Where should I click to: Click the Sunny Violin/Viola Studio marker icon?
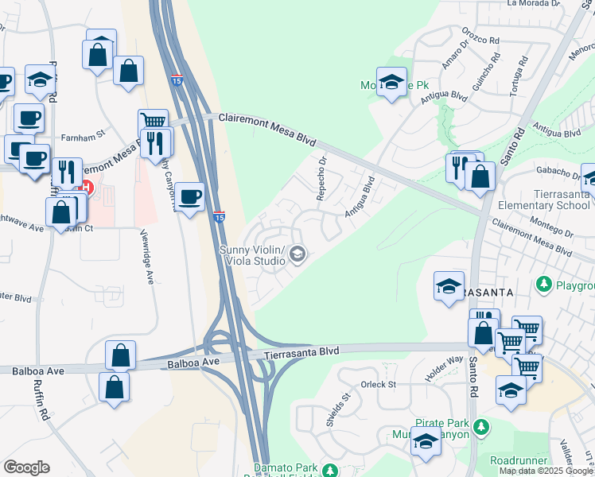point(298,254)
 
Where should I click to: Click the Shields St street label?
point(333,410)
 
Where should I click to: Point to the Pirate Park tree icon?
point(480,428)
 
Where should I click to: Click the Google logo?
point(26,467)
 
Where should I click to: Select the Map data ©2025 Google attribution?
point(546,471)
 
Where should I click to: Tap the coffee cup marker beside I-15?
point(189,196)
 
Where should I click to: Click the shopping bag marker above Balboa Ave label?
point(120,355)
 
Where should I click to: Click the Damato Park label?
point(285,468)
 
